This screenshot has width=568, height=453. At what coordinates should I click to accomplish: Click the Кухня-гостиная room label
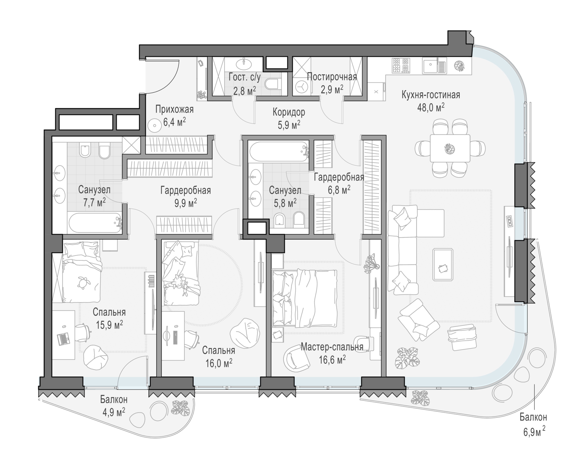431,95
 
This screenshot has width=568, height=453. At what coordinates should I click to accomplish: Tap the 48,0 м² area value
431,107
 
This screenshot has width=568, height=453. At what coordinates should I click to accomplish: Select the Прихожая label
175,109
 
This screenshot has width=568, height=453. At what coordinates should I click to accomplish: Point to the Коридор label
289,112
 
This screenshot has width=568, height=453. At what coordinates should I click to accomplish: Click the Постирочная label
332,77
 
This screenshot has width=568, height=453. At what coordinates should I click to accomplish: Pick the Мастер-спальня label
332,347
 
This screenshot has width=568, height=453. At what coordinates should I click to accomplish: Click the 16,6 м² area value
332,360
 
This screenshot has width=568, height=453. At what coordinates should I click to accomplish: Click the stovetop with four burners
401,65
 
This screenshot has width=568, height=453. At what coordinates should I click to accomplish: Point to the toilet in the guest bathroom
273,84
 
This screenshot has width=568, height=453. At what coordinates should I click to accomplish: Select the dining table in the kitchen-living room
450,148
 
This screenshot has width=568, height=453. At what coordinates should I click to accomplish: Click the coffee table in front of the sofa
443,265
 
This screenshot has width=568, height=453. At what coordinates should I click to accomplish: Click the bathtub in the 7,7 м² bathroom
95,223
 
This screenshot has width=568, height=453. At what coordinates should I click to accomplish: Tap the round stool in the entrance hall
154,126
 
